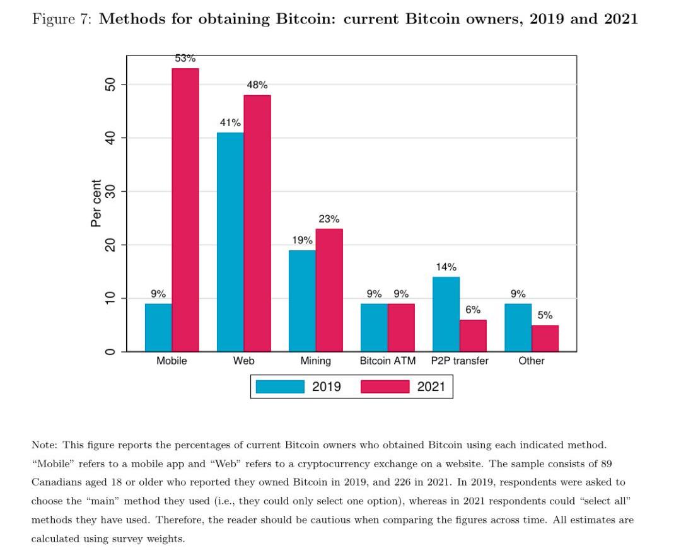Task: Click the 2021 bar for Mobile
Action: pos(185,209)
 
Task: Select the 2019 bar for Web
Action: pos(230,242)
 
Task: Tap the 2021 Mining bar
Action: pos(329,289)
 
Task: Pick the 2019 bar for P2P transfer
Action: pos(446,313)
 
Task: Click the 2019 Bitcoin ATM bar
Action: pos(374,327)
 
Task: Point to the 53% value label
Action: pos(185,59)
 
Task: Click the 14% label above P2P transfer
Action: pos(446,267)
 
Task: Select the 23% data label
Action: pos(329,219)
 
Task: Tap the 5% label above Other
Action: pos(545,315)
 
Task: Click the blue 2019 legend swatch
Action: pos(279,387)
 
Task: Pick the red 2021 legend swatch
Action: pos(385,387)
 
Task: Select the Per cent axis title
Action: pos(96,203)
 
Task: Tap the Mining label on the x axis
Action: pos(315,361)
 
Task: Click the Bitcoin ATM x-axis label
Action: pos(387,361)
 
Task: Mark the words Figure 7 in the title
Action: pos(62,19)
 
